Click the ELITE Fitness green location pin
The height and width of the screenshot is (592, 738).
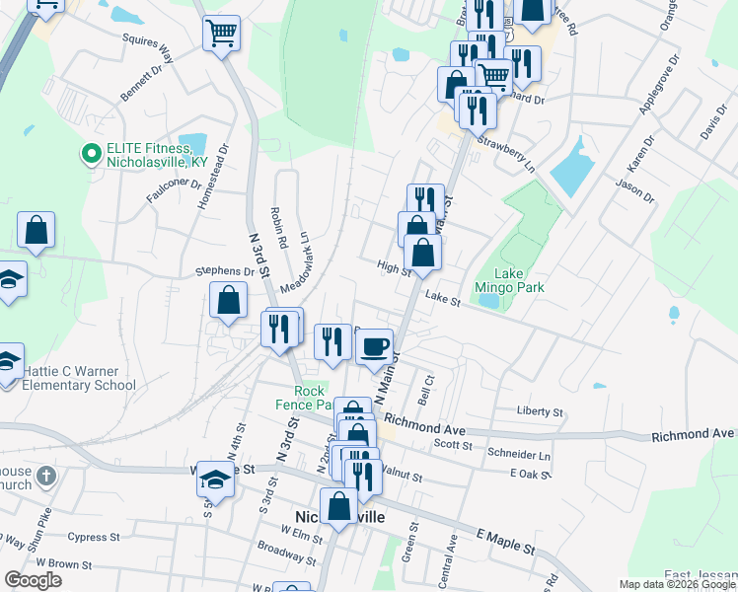(x=91, y=154)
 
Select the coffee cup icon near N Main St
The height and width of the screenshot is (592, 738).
(x=374, y=346)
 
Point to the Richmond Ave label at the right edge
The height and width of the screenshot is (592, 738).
(x=694, y=434)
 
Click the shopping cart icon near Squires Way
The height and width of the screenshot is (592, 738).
(x=221, y=33)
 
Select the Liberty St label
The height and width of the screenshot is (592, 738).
(x=540, y=411)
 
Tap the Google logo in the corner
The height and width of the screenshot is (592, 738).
(x=33, y=580)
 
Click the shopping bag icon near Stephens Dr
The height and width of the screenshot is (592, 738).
(x=228, y=302)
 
